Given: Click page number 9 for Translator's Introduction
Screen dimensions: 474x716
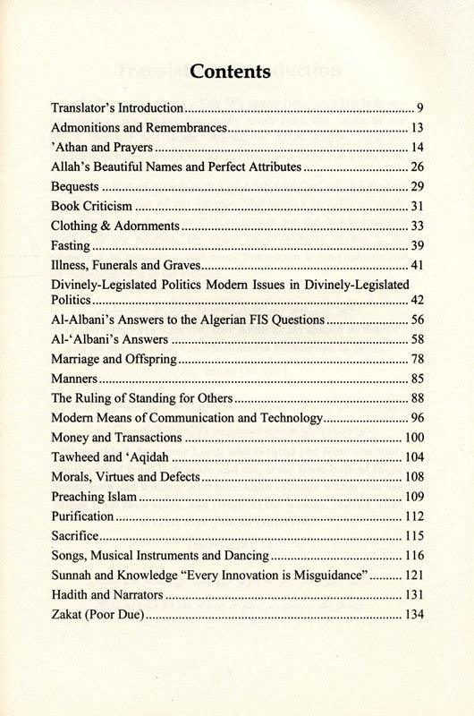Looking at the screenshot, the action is click(419, 107).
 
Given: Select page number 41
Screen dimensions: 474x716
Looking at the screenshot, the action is click(416, 265).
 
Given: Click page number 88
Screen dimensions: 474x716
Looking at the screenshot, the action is click(416, 398).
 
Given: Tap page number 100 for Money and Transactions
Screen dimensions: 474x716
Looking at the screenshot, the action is click(412, 438).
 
